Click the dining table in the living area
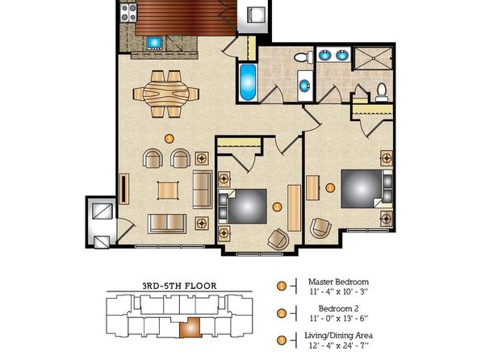166,94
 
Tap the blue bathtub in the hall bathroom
247,82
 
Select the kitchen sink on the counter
154,43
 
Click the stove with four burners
128,13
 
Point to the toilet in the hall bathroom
303,57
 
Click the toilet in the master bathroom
382,92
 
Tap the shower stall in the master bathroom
373,58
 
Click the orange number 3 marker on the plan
169,138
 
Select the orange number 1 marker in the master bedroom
330,187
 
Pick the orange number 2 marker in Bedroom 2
277,207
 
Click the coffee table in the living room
168,190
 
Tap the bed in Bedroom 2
243,207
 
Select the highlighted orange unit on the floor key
190,328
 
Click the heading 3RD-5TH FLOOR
179,286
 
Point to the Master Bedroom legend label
339,282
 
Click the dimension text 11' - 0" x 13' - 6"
339,318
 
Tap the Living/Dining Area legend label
339,335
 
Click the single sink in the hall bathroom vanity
305,86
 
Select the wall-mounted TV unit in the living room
124,189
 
